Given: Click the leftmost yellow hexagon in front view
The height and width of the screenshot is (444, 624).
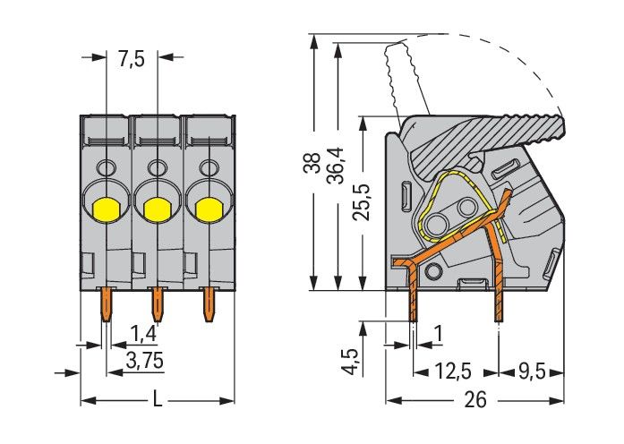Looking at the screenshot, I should tap(107, 209).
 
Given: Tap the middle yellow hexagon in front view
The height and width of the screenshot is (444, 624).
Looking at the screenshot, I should tap(158, 209).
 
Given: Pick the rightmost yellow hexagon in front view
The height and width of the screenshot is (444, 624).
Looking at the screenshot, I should tap(209, 209).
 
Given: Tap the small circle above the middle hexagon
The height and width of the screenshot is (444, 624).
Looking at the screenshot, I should tap(158, 167).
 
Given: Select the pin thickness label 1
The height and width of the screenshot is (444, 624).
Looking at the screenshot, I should tap(437, 335).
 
